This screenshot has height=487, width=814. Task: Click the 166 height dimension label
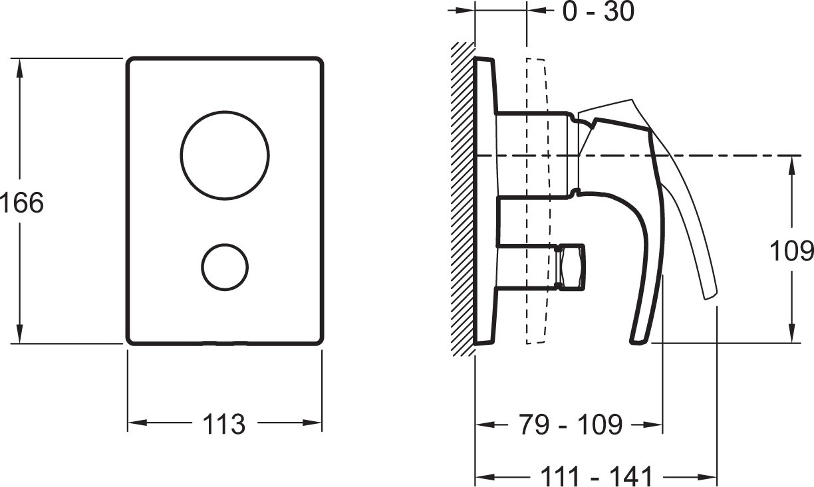point(22,203)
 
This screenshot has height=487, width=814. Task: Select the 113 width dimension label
point(224,424)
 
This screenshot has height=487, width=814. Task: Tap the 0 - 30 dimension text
point(598,11)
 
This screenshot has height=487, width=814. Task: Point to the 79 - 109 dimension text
point(570,424)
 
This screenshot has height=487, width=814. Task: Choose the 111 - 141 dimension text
point(597,476)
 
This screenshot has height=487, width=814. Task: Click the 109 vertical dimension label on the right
point(791,250)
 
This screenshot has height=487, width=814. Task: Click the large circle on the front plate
point(225,112)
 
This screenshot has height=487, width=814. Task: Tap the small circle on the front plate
point(225,244)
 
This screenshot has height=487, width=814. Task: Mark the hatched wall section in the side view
point(463,199)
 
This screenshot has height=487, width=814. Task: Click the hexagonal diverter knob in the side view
point(571,267)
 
